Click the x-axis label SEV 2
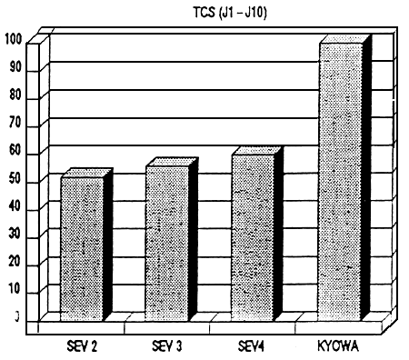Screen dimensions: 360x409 83,347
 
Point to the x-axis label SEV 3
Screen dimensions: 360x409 166,347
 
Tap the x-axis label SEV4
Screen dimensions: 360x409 251,347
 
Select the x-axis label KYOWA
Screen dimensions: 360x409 338,347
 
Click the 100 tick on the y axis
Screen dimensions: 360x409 13,39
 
